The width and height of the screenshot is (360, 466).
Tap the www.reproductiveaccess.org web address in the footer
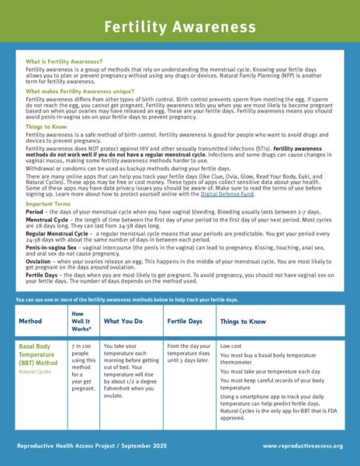click(x=302, y=447)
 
